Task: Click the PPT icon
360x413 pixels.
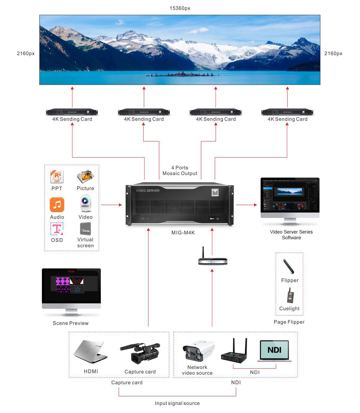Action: point(57,177)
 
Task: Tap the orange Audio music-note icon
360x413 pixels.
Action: point(57,204)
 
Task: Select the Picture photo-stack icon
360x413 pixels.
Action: point(85,176)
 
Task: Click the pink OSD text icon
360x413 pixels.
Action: point(57,229)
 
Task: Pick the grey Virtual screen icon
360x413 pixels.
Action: point(85,229)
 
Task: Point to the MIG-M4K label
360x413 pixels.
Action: point(183,233)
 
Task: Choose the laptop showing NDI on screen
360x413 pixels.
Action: point(274,350)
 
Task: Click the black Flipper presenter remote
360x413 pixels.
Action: point(289,266)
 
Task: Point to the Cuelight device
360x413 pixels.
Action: point(290,296)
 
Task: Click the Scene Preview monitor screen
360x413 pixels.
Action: point(71,285)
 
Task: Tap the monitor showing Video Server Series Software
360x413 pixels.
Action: point(290,195)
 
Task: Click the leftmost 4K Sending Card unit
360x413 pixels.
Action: point(72,112)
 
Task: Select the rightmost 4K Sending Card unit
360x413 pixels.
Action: point(287,112)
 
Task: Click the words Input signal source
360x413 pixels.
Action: point(177,403)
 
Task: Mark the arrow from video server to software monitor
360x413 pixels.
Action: point(246,205)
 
